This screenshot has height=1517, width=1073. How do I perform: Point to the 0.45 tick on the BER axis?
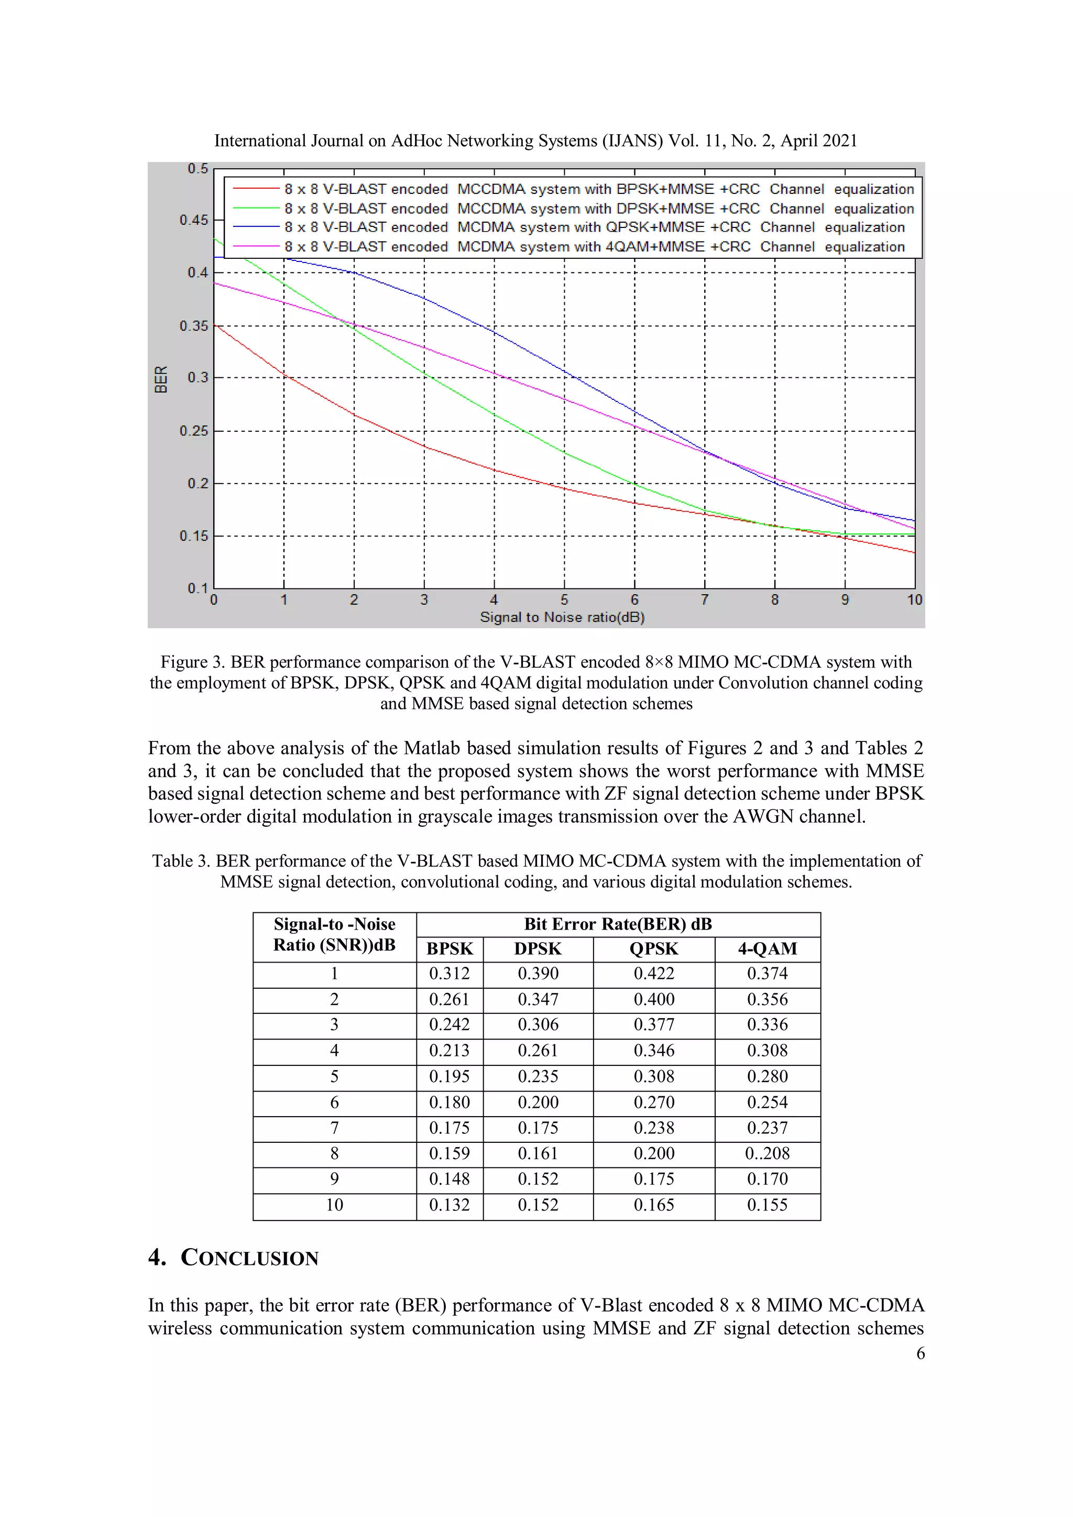193,220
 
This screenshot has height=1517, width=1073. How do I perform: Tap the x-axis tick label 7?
704,600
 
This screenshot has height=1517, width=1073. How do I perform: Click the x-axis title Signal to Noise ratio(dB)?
562,617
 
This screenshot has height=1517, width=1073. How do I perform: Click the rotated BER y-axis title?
160,379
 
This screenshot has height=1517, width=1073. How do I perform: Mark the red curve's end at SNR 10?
914,552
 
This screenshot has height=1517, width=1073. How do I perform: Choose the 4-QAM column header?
767,949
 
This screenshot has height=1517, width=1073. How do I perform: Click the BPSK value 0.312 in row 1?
450,973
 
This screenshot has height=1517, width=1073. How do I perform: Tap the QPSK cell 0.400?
653,999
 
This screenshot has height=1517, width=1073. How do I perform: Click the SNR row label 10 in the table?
334,1205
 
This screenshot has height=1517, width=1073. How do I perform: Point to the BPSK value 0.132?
450,1205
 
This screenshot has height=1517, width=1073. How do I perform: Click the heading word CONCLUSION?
250,1257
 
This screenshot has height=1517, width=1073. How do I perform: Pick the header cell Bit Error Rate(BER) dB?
618,924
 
